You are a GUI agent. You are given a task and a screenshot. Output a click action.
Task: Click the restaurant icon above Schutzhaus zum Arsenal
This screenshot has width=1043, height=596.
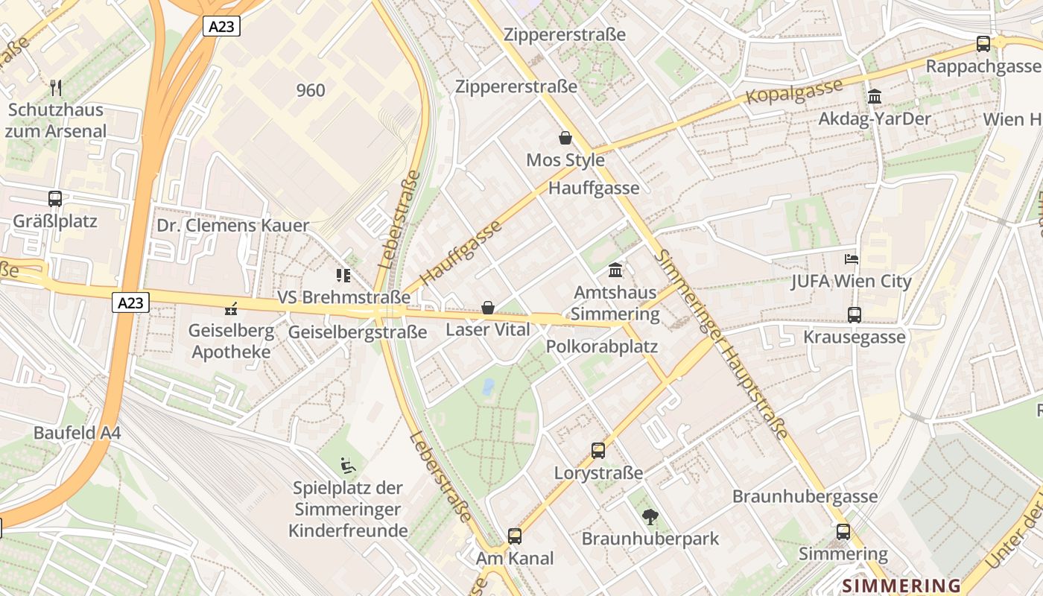click(x=56, y=88)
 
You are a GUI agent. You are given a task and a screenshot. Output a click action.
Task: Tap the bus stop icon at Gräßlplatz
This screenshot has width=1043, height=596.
click(x=55, y=199)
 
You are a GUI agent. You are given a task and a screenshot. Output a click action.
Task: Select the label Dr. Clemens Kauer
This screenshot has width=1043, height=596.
click(x=232, y=226)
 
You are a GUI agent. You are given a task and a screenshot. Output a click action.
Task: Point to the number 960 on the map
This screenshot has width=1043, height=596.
click(x=311, y=90)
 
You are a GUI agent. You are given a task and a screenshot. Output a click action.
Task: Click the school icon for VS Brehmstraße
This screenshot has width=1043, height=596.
click(x=343, y=276)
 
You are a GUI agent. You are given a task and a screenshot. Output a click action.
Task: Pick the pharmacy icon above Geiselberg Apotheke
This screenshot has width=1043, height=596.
click(x=231, y=308)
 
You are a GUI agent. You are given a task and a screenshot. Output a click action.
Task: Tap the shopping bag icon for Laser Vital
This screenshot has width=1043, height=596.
click(x=488, y=308)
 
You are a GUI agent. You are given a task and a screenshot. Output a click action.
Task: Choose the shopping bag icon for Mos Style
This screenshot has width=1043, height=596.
click(x=565, y=138)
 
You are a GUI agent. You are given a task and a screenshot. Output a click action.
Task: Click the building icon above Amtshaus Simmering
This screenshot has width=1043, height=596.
click(x=616, y=270)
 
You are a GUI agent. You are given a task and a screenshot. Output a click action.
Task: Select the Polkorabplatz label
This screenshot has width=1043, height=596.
click(x=602, y=346)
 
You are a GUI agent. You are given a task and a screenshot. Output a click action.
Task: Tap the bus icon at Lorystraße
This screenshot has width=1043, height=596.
click(x=598, y=450)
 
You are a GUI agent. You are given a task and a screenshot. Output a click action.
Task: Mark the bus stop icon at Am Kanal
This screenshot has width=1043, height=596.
click(x=515, y=536)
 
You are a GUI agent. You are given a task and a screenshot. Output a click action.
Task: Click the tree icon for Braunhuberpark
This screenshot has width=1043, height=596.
click(x=650, y=516)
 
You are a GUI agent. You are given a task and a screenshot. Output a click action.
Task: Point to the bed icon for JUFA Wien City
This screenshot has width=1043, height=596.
click(x=852, y=259)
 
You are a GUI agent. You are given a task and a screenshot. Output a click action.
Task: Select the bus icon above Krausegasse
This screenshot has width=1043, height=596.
click(x=855, y=315)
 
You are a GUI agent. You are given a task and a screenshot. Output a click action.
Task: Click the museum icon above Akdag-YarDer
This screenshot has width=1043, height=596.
click(x=874, y=97)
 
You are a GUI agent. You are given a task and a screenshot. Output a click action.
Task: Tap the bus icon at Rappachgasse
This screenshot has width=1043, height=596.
click(x=983, y=44)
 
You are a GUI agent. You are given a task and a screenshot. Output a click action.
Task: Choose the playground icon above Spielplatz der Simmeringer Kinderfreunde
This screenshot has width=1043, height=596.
click(x=347, y=466)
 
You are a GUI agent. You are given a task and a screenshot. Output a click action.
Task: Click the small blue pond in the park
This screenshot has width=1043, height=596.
click(x=488, y=386)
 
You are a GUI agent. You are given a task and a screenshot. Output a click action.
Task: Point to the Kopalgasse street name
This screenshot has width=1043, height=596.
click(x=794, y=91)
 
